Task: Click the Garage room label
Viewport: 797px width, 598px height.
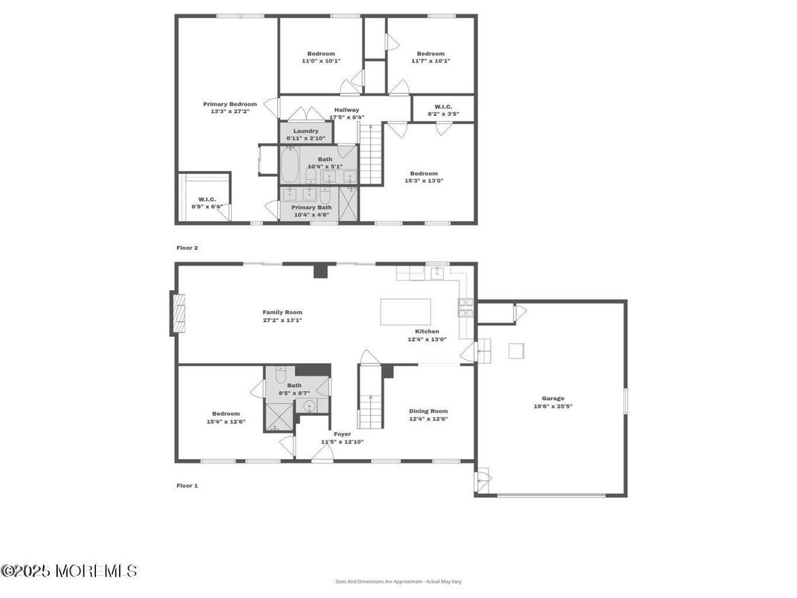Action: tap(552, 399)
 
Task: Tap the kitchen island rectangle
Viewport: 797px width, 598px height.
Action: tap(405, 312)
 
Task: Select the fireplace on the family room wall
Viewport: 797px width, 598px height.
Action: tap(177, 314)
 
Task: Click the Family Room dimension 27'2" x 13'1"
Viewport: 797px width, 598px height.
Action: tap(283, 320)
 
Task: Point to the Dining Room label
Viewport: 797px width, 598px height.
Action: tap(428, 411)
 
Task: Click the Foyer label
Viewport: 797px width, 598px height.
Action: tap(342, 434)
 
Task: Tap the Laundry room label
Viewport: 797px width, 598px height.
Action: tap(306, 131)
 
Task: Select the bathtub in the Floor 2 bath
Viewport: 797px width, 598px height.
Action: tap(290, 164)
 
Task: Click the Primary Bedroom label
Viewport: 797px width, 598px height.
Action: tap(230, 104)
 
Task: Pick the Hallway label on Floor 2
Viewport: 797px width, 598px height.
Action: tap(346, 110)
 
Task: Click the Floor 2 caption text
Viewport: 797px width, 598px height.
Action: tap(187, 248)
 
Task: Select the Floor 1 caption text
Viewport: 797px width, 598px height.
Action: tap(187, 486)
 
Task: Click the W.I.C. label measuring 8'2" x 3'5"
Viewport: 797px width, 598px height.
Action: tap(443, 106)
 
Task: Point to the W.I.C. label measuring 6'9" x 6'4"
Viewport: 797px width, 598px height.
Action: tap(207, 199)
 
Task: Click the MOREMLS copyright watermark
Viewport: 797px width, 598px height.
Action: tap(69, 571)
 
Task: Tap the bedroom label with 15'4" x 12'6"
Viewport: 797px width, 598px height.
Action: tap(226, 414)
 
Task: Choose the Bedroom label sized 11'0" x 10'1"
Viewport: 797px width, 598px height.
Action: tap(321, 54)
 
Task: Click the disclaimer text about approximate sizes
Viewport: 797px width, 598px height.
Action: tap(398, 582)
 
